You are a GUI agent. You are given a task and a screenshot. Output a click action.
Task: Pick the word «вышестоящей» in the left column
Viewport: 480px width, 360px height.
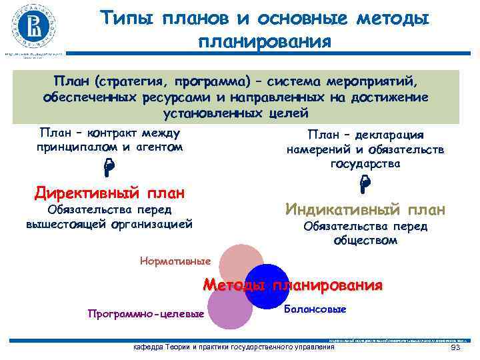tap(67, 224)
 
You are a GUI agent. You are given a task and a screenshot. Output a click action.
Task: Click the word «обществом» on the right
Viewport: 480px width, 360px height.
tap(365, 241)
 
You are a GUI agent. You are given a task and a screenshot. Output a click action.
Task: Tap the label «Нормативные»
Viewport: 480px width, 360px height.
tap(175, 260)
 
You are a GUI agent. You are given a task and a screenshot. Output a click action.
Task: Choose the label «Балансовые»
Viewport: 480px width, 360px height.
tap(315, 309)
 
